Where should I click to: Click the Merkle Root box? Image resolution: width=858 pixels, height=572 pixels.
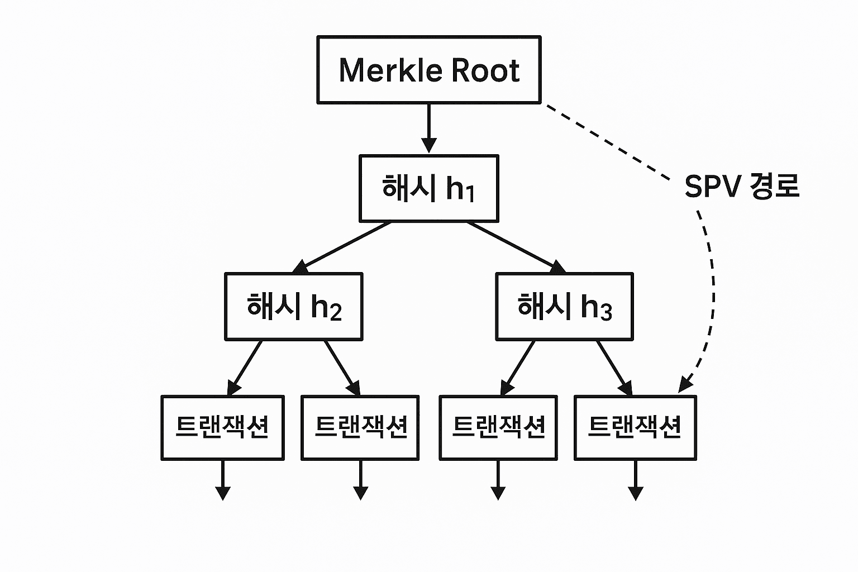point(428,70)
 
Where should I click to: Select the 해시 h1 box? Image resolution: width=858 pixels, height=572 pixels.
point(428,188)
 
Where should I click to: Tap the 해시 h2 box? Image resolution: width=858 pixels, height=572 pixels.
point(294,306)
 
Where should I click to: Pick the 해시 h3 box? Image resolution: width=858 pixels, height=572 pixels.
point(564,306)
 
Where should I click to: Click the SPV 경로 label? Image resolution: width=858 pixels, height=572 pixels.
point(741,186)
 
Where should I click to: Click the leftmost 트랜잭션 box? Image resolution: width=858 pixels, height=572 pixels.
point(222,427)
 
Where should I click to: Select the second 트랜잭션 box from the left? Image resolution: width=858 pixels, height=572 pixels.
point(360,427)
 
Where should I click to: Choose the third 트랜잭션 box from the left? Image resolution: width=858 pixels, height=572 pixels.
point(498,427)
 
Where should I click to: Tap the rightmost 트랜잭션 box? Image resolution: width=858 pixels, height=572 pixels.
point(635,427)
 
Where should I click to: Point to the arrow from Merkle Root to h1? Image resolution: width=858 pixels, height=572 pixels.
point(428,128)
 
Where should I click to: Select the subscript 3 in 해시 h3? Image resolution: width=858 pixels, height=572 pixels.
point(606,312)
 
